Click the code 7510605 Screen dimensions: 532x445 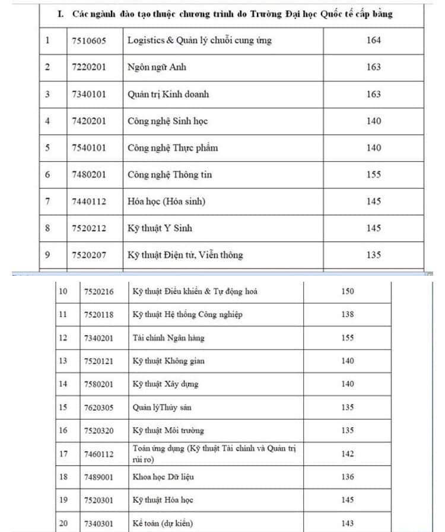[88, 40]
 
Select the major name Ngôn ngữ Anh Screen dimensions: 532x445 [157, 67]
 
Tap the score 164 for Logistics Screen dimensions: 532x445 [374, 40]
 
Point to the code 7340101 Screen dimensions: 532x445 [88, 94]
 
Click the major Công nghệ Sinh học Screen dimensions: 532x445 [167, 121]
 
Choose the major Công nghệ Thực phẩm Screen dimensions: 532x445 [172, 147]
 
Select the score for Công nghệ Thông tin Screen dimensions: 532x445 [374, 175]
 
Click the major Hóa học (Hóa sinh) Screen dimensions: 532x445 [166, 202]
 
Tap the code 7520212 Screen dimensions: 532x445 [88, 228]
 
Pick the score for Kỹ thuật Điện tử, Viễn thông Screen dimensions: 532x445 [374, 255]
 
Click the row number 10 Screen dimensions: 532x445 [63, 291]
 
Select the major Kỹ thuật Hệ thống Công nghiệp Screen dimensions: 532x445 [187, 314]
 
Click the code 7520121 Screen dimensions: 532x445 [98, 361]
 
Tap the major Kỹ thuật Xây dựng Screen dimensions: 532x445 [166, 384]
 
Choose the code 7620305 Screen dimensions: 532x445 [98, 407]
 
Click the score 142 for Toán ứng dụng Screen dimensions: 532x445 [348, 454]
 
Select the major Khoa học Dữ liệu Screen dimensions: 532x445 [163, 477]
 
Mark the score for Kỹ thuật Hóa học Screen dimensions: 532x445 [348, 500]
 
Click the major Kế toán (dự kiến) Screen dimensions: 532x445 [162, 523]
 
